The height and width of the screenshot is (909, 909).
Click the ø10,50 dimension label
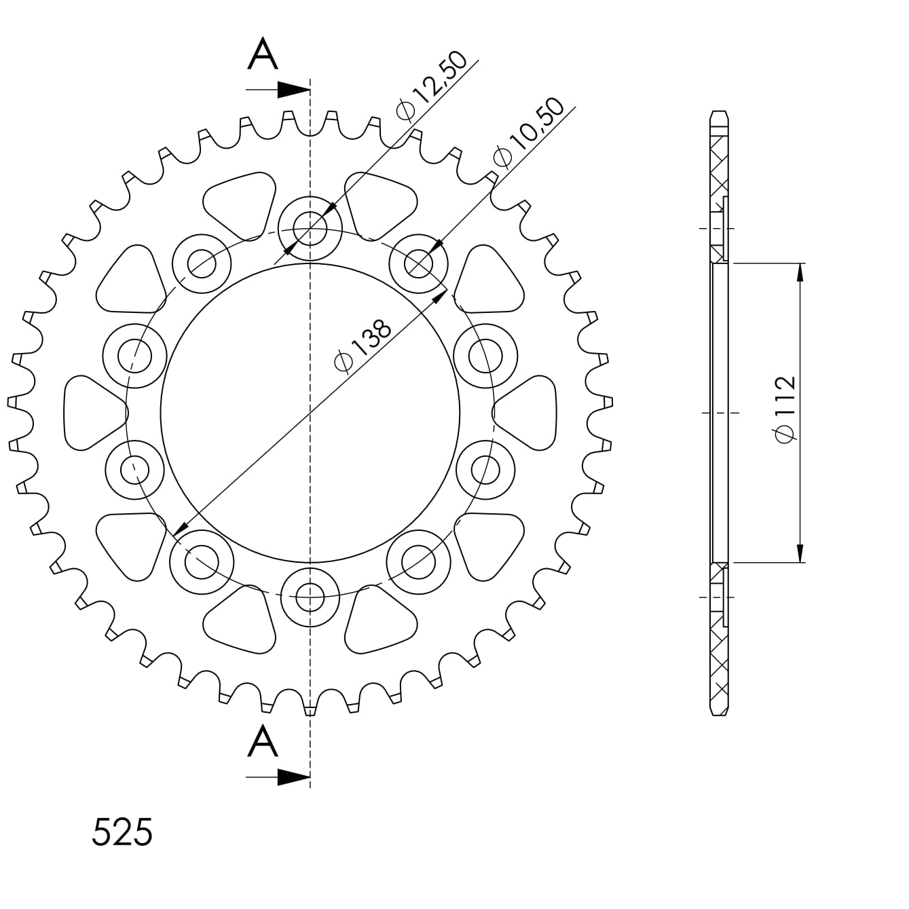[x=528, y=133]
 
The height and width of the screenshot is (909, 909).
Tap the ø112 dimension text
[x=785, y=409]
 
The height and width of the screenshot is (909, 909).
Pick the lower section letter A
[x=262, y=741]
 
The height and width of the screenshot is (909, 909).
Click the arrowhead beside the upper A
[x=293, y=90]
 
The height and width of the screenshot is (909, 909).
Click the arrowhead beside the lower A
[x=293, y=777]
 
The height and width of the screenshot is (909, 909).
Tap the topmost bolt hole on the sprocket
[x=310, y=229]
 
